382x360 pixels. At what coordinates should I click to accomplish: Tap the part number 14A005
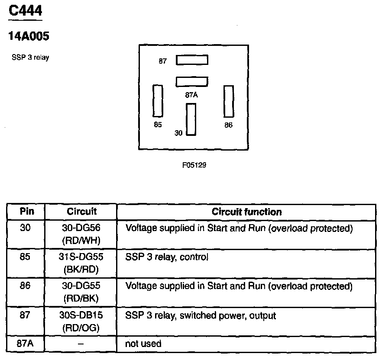(x=29, y=36)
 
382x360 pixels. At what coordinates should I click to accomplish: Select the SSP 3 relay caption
(x=30, y=58)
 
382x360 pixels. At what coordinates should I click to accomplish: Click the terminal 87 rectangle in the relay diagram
(x=192, y=60)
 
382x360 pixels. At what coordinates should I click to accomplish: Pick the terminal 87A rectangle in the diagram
(x=192, y=81)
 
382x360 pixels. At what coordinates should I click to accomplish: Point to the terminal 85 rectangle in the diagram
(x=158, y=101)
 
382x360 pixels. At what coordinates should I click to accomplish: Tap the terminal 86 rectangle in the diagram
(x=228, y=101)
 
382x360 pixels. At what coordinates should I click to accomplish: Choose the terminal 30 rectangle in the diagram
(x=191, y=119)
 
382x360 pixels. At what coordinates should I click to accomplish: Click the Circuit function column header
(x=246, y=212)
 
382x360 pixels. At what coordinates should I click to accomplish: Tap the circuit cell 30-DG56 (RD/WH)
(x=81, y=234)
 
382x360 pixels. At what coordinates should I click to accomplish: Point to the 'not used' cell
(x=143, y=344)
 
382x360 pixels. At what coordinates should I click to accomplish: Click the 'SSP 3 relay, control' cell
(x=167, y=257)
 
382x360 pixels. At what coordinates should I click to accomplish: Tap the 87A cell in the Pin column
(x=26, y=344)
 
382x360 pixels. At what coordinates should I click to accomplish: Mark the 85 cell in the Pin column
(x=26, y=257)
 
